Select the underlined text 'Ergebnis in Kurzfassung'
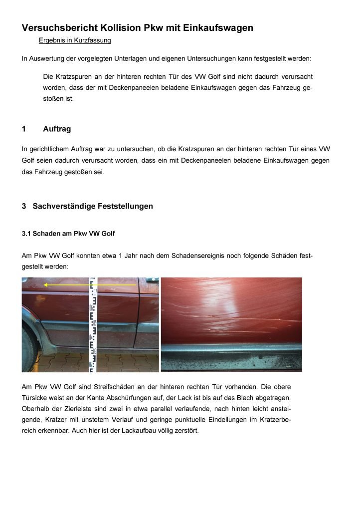(75, 40)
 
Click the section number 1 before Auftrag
(24, 129)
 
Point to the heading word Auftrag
(57, 129)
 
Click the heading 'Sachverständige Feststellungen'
(93, 206)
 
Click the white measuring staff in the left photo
(93, 324)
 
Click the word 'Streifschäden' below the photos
(105, 387)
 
